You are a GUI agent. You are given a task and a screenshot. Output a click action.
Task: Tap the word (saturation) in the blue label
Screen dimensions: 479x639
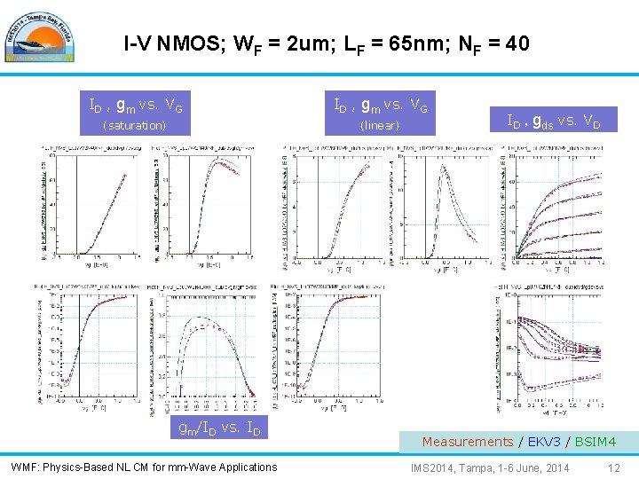click(135, 126)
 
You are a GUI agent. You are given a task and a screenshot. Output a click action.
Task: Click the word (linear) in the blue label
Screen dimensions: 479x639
click(379, 126)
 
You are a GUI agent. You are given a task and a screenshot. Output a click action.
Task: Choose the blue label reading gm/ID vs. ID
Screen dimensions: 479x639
click(219, 428)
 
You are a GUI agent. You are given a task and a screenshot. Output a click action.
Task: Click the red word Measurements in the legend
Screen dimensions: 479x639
click(467, 441)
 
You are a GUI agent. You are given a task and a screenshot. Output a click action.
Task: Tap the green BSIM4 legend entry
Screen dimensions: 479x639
click(595, 441)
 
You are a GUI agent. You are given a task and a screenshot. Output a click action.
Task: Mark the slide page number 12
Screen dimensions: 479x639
click(614, 467)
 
